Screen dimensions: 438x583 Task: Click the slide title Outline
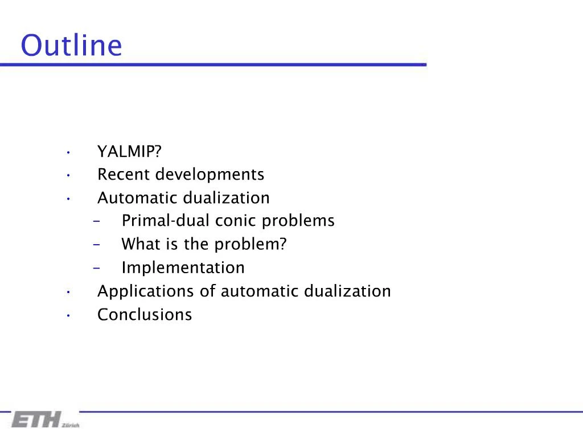point(71,46)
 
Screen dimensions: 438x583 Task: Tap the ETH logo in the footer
point(37,420)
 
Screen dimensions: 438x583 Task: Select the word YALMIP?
point(130,152)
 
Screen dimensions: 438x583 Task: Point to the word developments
point(210,175)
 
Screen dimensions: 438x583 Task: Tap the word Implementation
point(183,267)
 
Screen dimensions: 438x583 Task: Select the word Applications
point(146,291)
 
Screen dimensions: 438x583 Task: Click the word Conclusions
point(145,315)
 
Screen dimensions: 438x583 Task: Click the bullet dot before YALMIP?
point(68,152)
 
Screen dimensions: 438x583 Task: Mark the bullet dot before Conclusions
point(68,315)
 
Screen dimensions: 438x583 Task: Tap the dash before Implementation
point(96,267)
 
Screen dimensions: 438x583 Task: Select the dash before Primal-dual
point(96,221)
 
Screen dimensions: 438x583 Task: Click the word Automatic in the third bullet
point(138,198)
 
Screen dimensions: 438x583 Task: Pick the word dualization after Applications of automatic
point(347,291)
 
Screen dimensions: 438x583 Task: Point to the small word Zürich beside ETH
point(71,425)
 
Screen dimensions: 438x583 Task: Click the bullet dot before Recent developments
point(68,175)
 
